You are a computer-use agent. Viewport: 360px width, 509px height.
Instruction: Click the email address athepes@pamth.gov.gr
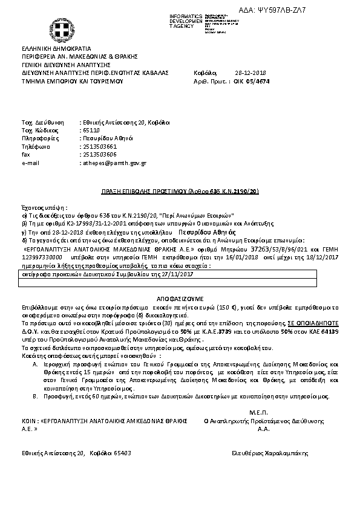pos(113,163)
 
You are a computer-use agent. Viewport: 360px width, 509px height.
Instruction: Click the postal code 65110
pos(90,130)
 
